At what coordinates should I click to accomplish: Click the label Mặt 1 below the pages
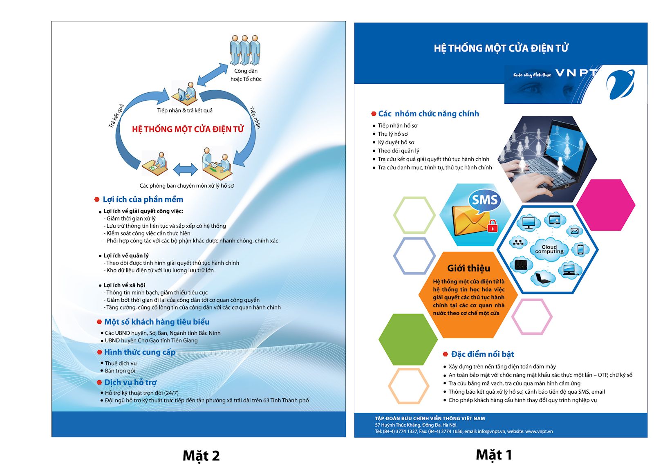point(494,455)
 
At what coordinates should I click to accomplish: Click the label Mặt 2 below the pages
point(201,455)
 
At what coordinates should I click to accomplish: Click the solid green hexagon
point(408,339)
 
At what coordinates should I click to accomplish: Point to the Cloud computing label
point(549,249)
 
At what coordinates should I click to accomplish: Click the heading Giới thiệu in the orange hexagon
point(468,268)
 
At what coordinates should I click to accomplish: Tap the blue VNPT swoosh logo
point(620,85)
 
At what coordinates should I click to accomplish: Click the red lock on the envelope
point(493,226)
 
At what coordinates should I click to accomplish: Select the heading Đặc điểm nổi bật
point(482,354)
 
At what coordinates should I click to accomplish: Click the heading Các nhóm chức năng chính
point(428,114)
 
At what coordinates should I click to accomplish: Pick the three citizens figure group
point(245,50)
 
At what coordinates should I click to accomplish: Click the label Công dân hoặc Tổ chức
point(246,75)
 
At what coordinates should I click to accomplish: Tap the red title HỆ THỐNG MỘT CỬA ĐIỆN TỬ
point(188,129)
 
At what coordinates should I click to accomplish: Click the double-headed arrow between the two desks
point(185,169)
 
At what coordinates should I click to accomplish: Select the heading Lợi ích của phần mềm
point(143,199)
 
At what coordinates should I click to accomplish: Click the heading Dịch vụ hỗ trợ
point(130,382)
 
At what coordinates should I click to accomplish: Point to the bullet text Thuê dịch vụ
point(121,363)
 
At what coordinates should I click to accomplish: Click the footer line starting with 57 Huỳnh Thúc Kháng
point(416,425)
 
